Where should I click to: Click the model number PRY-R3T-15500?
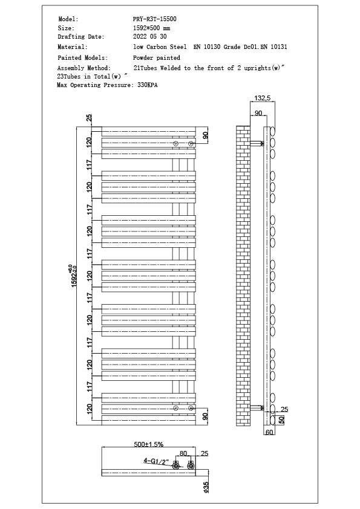tap(155, 19)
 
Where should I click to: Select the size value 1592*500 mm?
tap(151, 28)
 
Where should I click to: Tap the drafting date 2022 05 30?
tap(149, 37)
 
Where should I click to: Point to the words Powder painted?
tap(156, 58)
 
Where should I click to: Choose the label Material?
tap(72, 47)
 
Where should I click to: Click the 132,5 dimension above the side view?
tap(262, 98)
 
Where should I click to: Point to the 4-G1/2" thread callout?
tap(155, 461)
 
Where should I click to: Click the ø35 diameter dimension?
tap(206, 487)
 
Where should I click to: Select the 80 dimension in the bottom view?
tap(183, 453)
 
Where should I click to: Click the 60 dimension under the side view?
tap(269, 432)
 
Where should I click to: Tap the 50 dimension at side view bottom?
tap(281, 420)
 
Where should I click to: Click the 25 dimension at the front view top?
tap(89, 117)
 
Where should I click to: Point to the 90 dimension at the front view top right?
tap(205, 135)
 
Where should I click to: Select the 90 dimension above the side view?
tap(258, 114)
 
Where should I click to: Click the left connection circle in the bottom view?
tap(176, 466)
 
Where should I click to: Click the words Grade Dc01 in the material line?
tap(240, 47)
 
